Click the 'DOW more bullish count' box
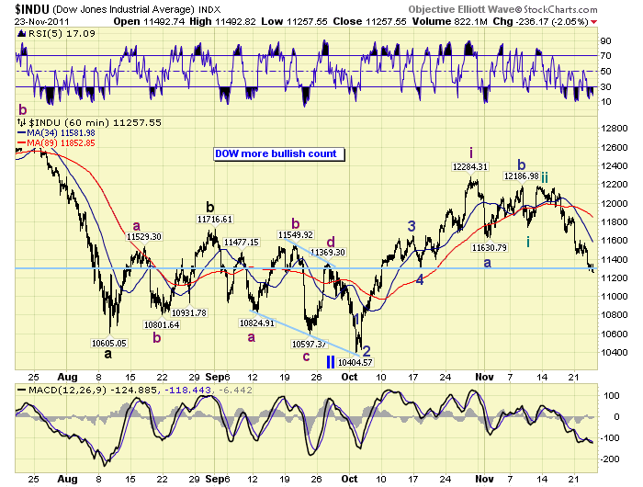pyautogui.click(x=276, y=154)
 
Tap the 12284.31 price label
pyautogui.click(x=468, y=167)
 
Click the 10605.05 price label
pyautogui.click(x=109, y=343)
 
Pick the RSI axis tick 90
pyautogui.click(x=605, y=41)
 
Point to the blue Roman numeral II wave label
pyautogui.click(x=332, y=361)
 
